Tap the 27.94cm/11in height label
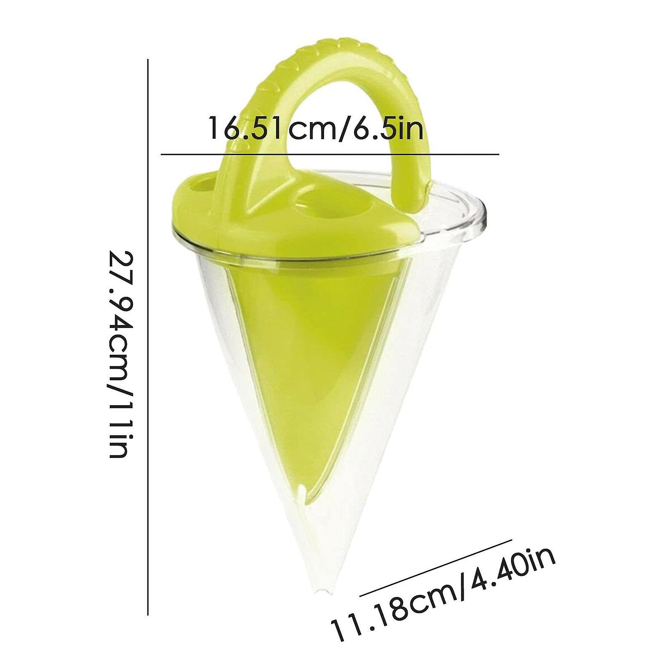(x=120, y=354)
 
